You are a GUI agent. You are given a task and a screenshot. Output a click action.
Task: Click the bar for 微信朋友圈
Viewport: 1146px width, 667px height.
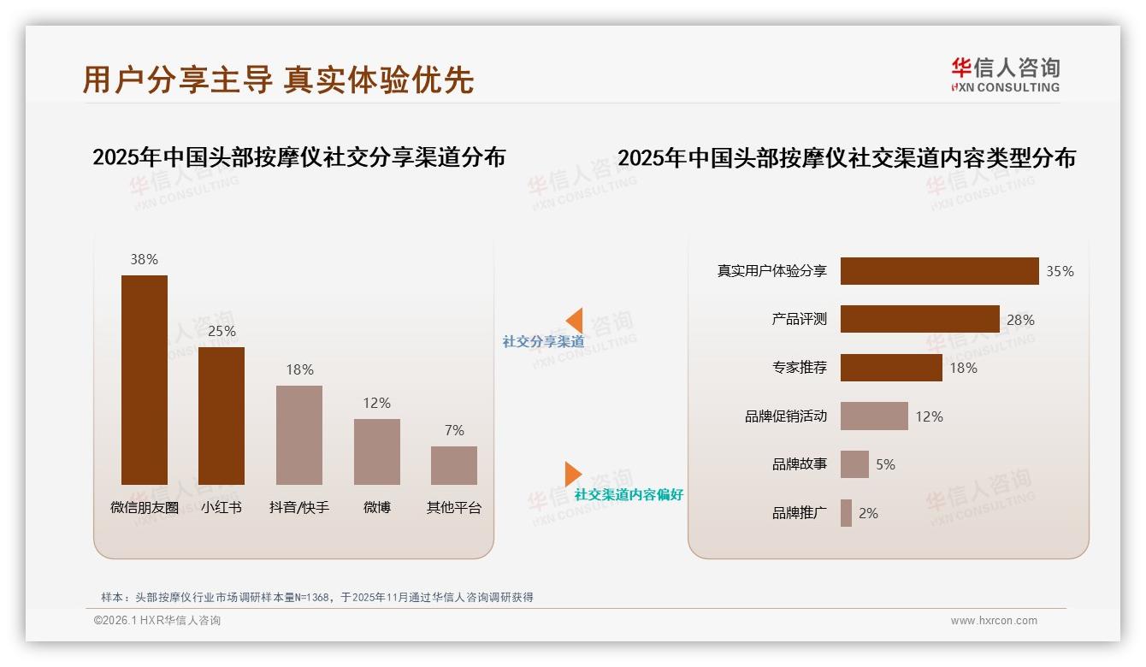point(144,380)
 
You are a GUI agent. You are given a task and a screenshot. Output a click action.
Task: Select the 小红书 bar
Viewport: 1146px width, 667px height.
point(222,416)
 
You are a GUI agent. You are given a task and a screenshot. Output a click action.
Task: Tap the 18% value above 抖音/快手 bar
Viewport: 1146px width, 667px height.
point(299,369)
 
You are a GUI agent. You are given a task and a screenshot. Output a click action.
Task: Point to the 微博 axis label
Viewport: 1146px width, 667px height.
point(376,507)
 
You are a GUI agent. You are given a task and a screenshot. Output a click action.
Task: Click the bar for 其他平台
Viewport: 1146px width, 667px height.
point(454,465)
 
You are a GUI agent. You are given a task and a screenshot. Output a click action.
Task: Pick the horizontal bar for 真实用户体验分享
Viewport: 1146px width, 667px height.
point(939,271)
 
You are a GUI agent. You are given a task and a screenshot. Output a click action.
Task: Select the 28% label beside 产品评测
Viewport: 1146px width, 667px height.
point(1020,320)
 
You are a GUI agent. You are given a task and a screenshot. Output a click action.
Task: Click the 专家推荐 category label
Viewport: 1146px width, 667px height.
point(799,368)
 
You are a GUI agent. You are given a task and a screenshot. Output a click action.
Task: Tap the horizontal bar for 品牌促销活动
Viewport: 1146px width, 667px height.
point(874,416)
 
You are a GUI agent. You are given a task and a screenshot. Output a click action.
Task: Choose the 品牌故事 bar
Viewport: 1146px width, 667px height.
point(854,464)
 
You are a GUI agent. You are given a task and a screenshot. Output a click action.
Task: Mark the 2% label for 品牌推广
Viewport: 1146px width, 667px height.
point(868,513)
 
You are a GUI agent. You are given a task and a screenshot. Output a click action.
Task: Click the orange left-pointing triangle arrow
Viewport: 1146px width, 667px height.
point(574,321)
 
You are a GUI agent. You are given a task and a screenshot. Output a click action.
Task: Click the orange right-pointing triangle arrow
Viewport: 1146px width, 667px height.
point(573,474)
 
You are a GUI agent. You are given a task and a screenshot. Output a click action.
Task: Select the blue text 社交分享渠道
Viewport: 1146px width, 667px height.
point(543,341)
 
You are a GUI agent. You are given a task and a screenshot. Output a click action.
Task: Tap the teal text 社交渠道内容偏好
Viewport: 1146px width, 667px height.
point(629,495)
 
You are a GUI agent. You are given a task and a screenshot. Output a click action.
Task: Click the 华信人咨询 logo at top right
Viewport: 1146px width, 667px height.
point(1005,75)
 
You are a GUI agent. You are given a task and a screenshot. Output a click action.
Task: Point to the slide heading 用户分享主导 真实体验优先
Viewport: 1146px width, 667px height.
point(278,80)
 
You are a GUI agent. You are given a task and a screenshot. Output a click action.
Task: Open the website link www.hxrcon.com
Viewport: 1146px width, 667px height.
point(994,621)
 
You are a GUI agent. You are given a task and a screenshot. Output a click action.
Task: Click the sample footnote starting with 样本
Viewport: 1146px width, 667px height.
point(317,597)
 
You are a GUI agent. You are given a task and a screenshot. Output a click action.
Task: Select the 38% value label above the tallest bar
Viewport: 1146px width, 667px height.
point(144,259)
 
